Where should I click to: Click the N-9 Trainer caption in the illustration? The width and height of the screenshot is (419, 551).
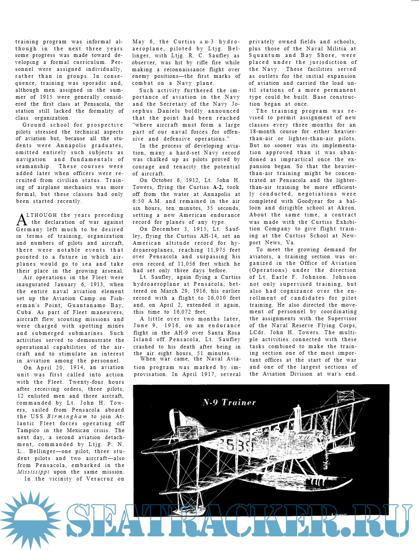point(229,402)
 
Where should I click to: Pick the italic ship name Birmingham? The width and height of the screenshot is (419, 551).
point(67,417)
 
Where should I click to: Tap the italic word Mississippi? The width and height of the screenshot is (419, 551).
point(33,472)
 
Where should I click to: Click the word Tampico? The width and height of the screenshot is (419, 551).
point(28,431)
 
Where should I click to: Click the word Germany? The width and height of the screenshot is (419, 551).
point(29,229)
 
